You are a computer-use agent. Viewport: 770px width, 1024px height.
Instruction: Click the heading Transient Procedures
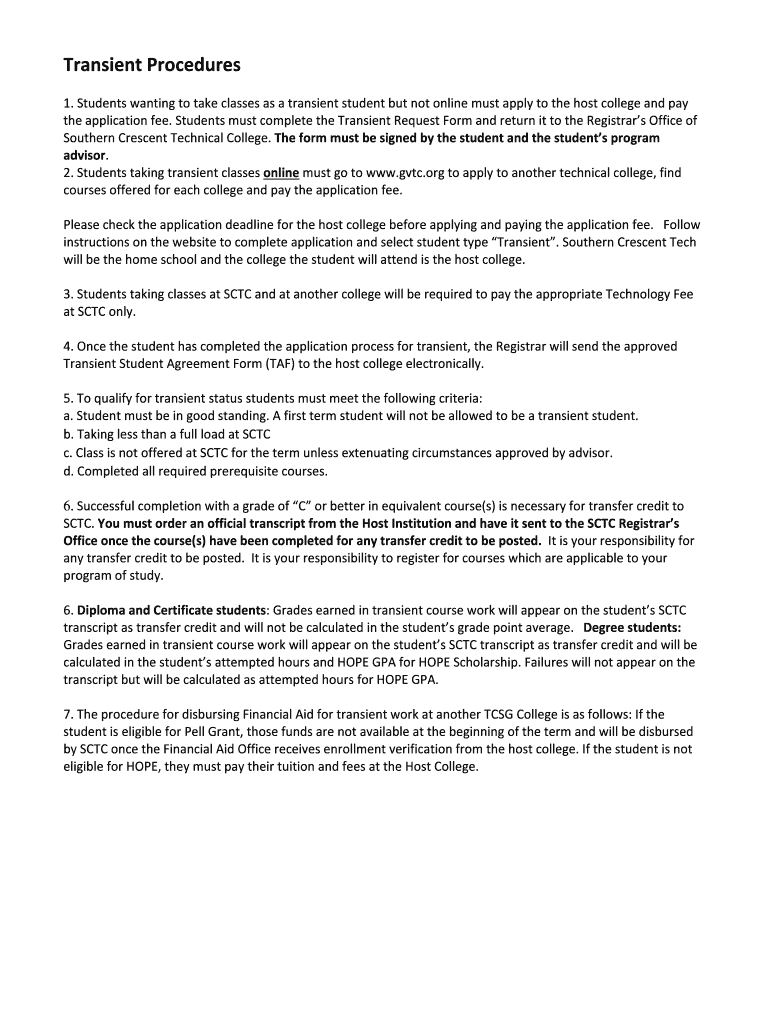pos(152,66)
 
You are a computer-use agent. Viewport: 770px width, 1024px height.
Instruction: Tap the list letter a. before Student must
pos(68,416)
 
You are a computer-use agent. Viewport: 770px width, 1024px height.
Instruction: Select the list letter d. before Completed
pos(68,471)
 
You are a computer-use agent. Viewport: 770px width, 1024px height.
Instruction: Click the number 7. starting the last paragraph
pos(68,714)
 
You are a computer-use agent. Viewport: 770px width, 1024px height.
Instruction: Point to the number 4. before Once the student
pos(68,346)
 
